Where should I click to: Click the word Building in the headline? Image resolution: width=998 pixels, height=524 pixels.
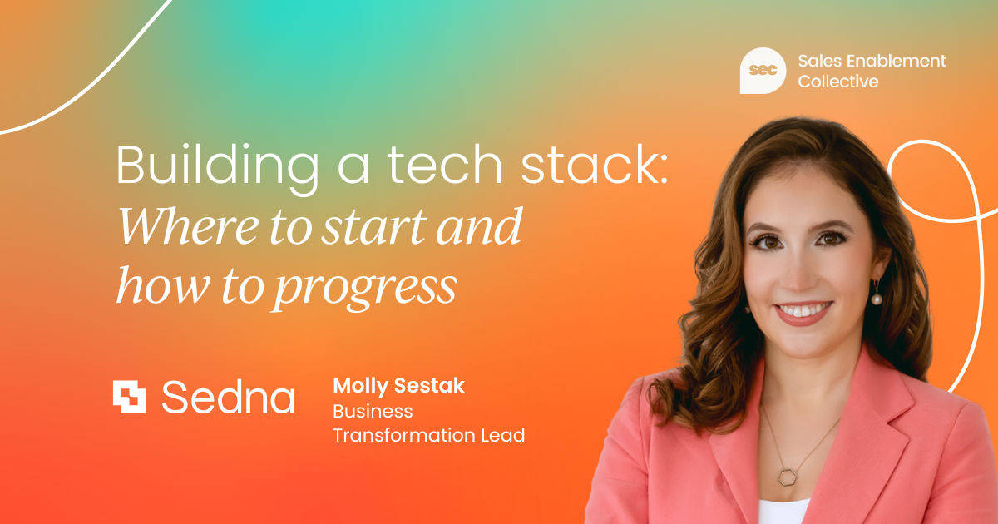pos(217,167)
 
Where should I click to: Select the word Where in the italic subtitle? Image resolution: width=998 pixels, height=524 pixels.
pos(188,226)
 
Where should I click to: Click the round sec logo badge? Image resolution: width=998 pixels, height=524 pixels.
pos(763,71)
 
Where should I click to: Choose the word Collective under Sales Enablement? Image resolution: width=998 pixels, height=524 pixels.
pos(838,82)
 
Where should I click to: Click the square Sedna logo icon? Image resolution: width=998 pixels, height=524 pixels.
pos(129,397)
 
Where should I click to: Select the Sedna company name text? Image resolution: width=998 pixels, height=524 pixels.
pos(228,397)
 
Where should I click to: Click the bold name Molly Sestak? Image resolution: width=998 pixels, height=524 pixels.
pos(398,386)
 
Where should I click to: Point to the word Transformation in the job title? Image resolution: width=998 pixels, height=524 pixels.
pos(404,435)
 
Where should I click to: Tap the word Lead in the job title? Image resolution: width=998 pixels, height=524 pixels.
pos(503,435)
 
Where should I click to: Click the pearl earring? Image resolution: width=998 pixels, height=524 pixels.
pos(877,299)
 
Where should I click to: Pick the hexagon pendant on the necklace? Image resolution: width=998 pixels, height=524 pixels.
pos(787,477)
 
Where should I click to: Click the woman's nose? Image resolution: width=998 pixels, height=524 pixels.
pos(798,272)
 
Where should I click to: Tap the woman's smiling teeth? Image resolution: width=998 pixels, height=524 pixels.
pos(803,309)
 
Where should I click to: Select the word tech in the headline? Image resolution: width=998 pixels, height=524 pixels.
pos(445,164)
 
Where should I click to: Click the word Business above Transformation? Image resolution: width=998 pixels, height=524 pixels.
pos(373,411)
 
